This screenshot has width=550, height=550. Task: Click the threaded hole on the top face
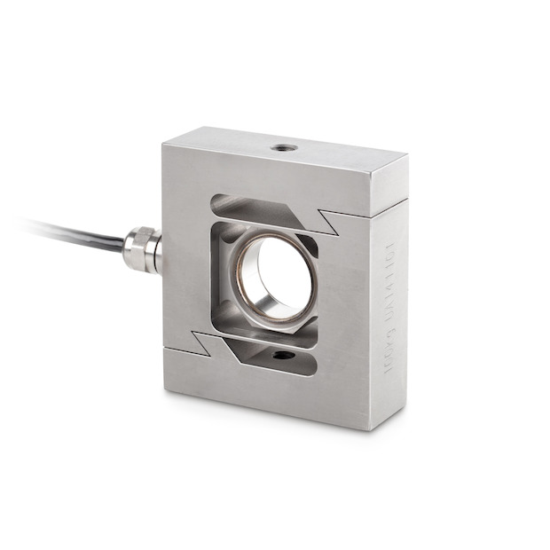[x=283, y=147]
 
